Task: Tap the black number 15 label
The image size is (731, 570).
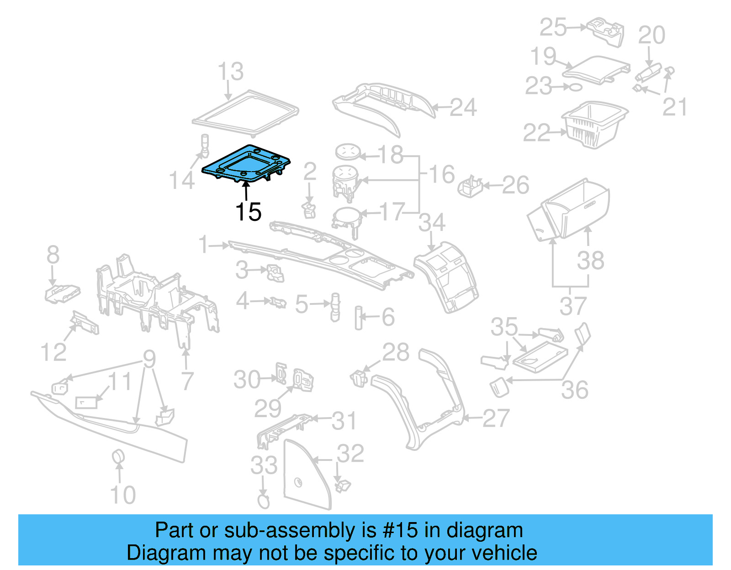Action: click(x=248, y=212)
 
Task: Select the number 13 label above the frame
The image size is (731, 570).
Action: click(x=230, y=72)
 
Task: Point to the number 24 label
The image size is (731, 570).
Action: click(x=463, y=108)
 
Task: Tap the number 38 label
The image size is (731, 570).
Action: click(x=590, y=261)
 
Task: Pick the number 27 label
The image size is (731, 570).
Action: click(x=496, y=418)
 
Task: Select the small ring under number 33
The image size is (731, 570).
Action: click(x=264, y=501)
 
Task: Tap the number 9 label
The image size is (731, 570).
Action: click(x=149, y=360)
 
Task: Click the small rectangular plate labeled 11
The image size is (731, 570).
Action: click(x=86, y=403)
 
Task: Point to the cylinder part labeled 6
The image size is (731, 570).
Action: click(x=359, y=318)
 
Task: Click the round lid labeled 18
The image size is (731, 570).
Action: click(x=347, y=151)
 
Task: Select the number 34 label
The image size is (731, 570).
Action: click(x=432, y=223)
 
